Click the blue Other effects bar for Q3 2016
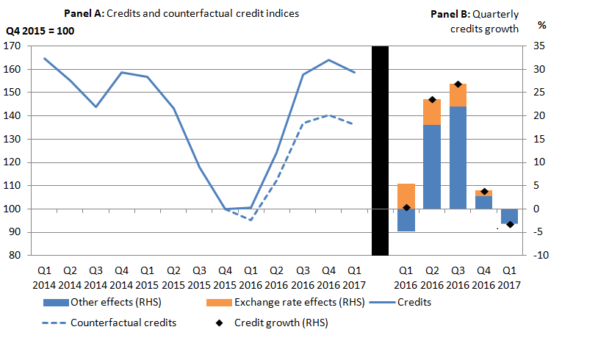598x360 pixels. pos(458,157)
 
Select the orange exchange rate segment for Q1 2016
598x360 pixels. pos(406,196)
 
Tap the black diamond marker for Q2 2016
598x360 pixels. pos(432,100)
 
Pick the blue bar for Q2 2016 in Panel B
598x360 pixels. pos(432,167)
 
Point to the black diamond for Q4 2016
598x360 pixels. pos(483,192)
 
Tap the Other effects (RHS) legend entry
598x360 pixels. pos(102,303)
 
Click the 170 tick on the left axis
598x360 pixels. pos(12,46)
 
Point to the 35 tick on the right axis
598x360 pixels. pos(539,46)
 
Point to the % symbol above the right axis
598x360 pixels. pos(542,24)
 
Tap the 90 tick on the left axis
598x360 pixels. pos(15,232)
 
